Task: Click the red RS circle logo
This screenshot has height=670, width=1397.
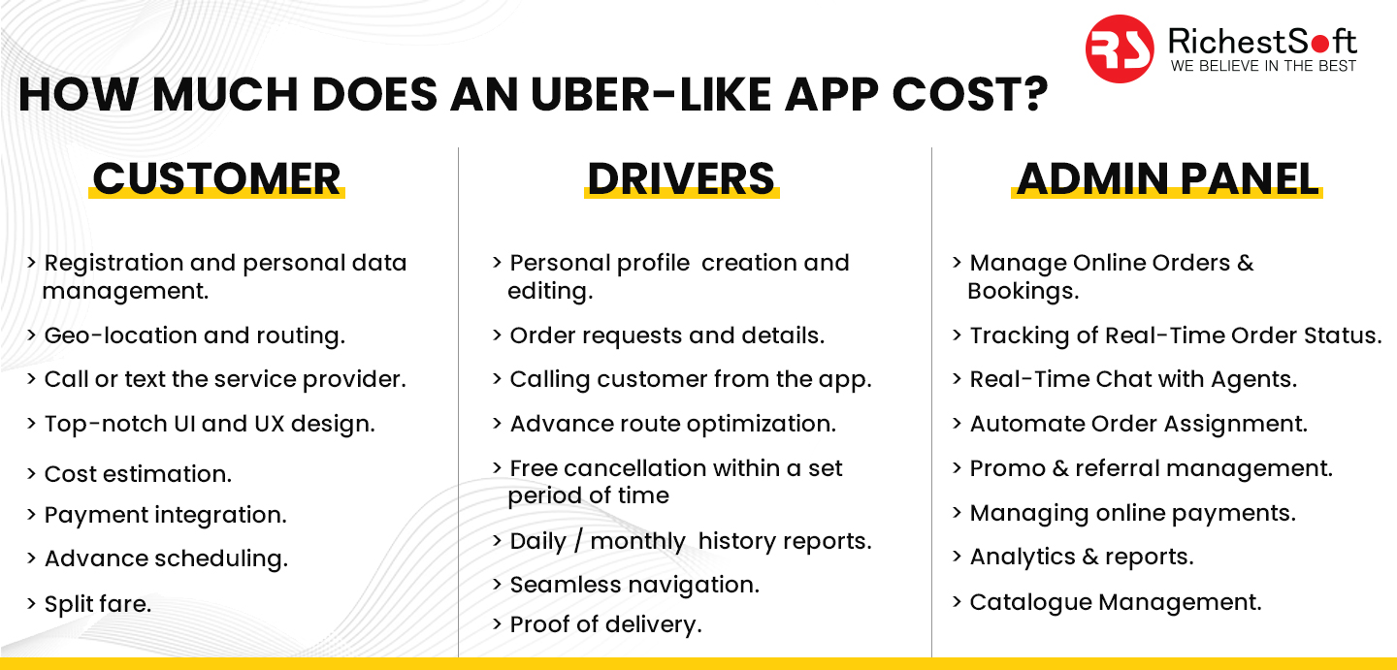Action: (x=1120, y=48)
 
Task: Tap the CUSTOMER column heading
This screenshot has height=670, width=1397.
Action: (x=216, y=178)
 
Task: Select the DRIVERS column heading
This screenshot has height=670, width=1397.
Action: (x=681, y=178)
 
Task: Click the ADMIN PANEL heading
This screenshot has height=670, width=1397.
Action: (x=1167, y=178)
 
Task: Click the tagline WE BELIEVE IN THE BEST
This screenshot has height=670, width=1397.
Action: (x=1263, y=66)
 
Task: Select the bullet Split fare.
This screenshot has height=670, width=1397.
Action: (x=97, y=604)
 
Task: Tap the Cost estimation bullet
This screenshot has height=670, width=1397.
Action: (x=138, y=474)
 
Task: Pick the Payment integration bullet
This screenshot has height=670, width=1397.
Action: (x=165, y=515)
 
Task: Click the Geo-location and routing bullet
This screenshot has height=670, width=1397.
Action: (x=194, y=335)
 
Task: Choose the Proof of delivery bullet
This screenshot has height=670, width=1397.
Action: (x=604, y=625)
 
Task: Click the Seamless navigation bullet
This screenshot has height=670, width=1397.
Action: (x=634, y=585)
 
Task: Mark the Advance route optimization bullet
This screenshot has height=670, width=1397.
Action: (x=672, y=424)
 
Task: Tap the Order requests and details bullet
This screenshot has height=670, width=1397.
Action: (x=666, y=335)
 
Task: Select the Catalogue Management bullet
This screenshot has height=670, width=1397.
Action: (x=1115, y=602)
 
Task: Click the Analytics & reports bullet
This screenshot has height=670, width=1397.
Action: (x=1081, y=557)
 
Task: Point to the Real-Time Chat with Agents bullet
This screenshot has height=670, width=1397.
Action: (x=1132, y=379)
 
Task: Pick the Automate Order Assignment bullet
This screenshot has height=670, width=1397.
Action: (x=1138, y=424)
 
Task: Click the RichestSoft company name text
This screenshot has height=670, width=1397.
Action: (x=1262, y=41)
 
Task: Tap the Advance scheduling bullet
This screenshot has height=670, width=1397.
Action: (x=166, y=558)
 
